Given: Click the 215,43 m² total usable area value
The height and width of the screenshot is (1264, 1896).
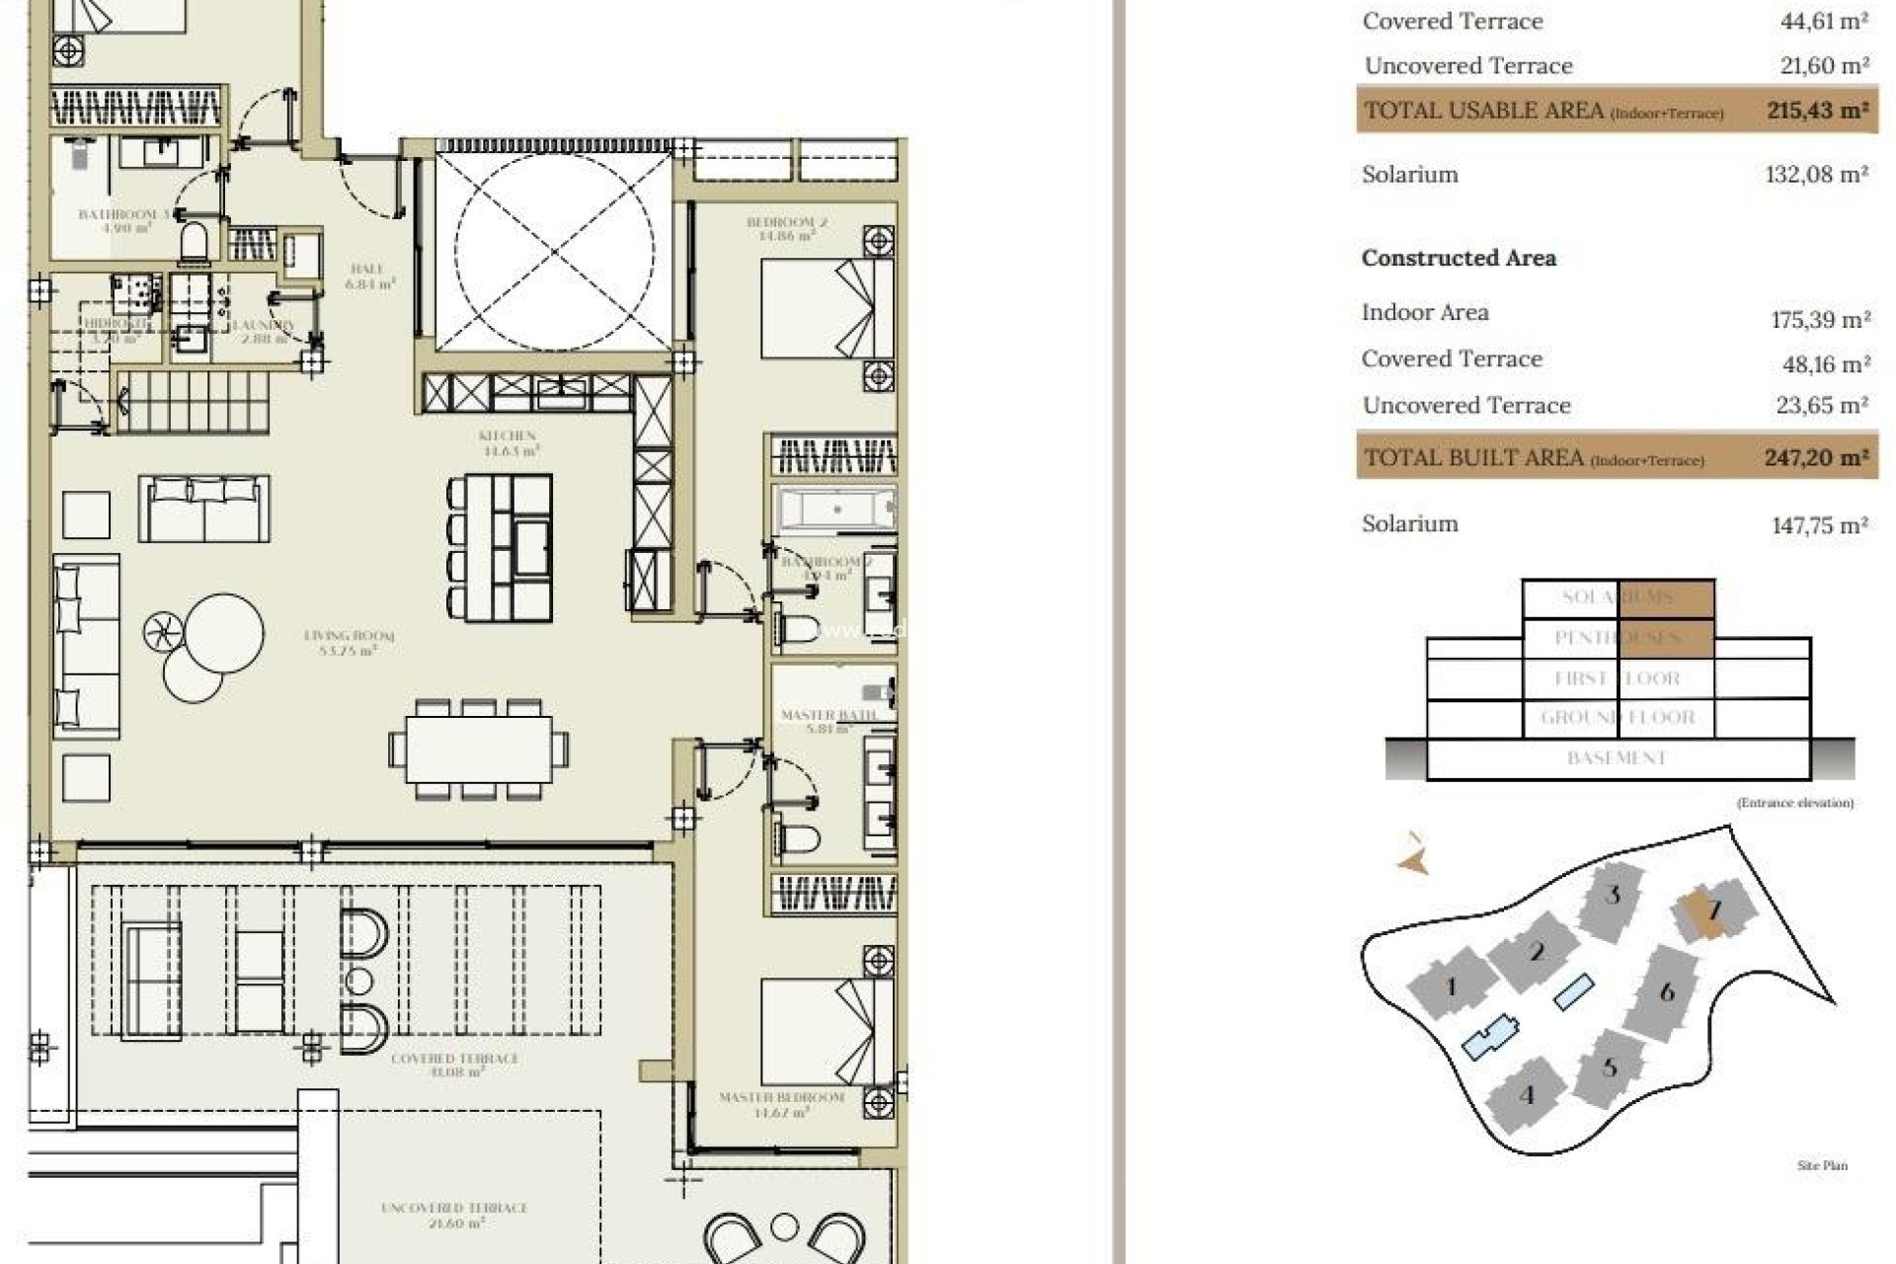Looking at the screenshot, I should tap(1816, 111).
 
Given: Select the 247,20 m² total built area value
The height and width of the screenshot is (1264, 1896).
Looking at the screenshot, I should tap(1815, 458).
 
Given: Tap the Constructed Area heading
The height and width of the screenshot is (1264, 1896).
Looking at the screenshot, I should tap(1458, 258).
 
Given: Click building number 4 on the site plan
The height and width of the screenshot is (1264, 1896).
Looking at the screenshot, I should tap(1528, 1094).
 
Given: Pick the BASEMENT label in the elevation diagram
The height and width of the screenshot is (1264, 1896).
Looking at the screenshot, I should tap(1617, 758).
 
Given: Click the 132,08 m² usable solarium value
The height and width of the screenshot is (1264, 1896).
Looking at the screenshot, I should tap(1815, 175).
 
